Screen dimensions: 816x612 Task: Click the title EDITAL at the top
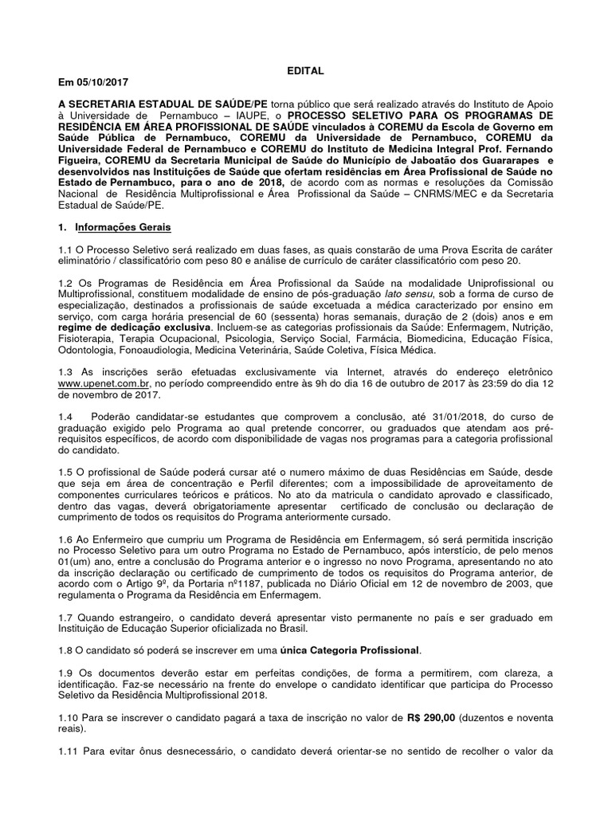pos(305,71)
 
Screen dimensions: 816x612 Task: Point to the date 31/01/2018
pos(431,417)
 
